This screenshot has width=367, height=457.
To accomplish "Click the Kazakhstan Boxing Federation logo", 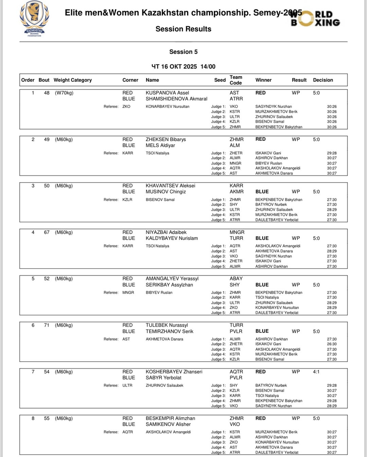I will tap(34, 19).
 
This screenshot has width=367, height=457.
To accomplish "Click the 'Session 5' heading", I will tap(183, 52).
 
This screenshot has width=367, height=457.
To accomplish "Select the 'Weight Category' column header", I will tap(73, 80).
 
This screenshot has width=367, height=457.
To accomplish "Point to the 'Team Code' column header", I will tap(235, 80).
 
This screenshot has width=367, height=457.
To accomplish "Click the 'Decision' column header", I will tap(323, 80).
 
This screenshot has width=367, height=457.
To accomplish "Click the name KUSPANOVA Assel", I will tap(167, 93).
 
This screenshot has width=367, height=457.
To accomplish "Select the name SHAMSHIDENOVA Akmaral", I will tap(176, 99).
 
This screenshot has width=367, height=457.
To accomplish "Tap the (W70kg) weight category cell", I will tap(64, 93).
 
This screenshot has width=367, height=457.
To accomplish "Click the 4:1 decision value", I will tap(316, 372).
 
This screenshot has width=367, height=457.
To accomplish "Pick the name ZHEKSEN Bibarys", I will tap(165, 139).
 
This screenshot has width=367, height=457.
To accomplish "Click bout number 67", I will tap(47, 232).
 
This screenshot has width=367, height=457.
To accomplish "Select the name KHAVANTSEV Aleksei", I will tap(170, 186).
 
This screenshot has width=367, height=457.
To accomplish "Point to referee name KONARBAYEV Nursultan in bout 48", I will tap(168, 107).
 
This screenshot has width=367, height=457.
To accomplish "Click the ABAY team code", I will tap(236, 278).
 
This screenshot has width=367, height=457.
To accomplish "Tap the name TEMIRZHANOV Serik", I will tap(169, 331).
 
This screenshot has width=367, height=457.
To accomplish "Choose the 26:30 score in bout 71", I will tap(332, 344).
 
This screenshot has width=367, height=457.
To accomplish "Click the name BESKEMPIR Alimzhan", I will tap(170, 418).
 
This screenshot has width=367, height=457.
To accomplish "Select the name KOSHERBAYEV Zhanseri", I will tap(174, 372).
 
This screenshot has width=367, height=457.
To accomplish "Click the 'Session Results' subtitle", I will tap(183, 29).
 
